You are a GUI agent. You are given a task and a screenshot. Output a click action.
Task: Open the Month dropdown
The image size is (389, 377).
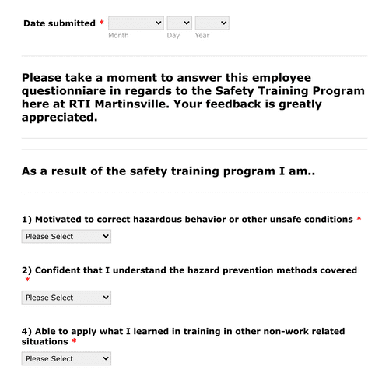point(136,23)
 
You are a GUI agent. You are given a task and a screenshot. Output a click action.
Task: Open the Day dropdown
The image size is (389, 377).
point(179,23)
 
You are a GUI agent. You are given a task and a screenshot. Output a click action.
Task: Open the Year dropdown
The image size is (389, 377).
point(212,23)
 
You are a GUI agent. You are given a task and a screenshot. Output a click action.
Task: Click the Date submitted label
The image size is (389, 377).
point(59,23)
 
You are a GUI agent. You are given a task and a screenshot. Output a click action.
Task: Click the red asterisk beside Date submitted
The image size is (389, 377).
point(102,23)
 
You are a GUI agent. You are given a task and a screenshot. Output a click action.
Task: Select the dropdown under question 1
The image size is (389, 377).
point(66,236)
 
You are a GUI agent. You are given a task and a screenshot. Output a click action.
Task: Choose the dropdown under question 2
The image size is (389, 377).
point(66,298)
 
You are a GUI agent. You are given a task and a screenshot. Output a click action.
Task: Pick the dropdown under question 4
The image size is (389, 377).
point(66,359)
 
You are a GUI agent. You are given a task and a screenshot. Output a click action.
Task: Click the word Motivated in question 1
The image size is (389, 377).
point(61,220)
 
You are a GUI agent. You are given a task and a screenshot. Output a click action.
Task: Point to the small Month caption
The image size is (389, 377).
point(118,36)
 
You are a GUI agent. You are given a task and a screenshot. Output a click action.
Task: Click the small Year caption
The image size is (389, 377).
point(202,36)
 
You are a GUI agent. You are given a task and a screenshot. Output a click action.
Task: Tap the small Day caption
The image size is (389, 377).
point(173,36)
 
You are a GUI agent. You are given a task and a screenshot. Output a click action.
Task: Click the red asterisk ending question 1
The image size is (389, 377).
point(359,220)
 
